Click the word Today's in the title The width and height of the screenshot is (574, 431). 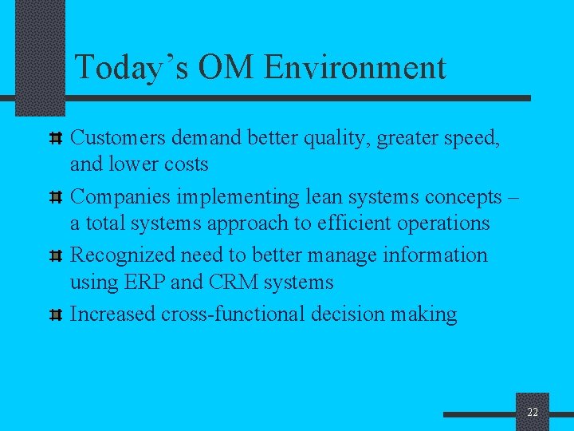[132, 67]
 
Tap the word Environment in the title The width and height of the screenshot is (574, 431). [355, 67]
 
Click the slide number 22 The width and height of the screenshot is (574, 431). [533, 412]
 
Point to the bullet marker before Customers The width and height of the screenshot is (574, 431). [57, 138]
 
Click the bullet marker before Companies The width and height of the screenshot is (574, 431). [57, 197]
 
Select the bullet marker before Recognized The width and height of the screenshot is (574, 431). [57, 256]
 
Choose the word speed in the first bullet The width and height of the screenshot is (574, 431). [469, 138]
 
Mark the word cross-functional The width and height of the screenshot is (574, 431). [232, 314]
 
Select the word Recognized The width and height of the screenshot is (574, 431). [123, 255]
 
